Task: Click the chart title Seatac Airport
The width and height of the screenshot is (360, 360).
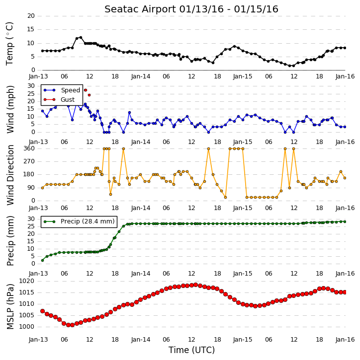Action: [140, 9]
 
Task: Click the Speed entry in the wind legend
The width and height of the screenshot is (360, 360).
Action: [62, 90]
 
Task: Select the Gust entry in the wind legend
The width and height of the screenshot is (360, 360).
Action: [59, 100]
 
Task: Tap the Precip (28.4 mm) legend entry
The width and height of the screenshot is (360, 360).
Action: [79, 221]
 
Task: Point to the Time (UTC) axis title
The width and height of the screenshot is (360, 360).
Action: [191, 350]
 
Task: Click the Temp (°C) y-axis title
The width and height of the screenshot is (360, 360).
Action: [9, 44]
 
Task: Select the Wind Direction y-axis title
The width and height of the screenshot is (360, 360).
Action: [10, 175]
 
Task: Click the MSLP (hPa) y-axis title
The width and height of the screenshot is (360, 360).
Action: [10, 306]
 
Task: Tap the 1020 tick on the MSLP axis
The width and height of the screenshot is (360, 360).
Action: [26, 281]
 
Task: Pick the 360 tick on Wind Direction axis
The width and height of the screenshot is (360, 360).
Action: [29, 148]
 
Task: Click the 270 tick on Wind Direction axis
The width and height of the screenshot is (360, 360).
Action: [29, 161]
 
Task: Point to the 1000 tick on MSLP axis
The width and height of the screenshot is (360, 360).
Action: [26, 326]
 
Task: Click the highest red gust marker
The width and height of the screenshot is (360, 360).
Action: [86, 90]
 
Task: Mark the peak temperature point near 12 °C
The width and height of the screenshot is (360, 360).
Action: [81, 37]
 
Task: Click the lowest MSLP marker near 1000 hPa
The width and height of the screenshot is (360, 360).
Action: [68, 325]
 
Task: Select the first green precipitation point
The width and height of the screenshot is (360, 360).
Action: [43, 260]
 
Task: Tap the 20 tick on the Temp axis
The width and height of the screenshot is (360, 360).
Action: [31, 16]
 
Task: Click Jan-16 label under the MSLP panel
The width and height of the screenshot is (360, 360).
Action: [345, 339]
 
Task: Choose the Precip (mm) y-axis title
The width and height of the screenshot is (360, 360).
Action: [10, 241]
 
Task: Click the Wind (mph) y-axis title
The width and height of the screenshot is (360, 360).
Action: [10, 109]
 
